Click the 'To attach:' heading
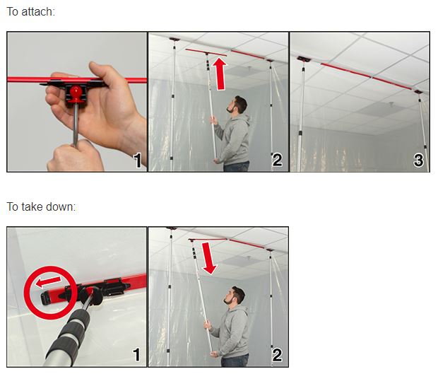tap(30, 12)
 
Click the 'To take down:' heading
tap(41, 207)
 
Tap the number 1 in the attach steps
tap(137, 160)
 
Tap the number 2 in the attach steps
tap(277, 160)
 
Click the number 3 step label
tap(418, 160)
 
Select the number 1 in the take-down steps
tap(136, 355)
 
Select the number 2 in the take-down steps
tap(277, 355)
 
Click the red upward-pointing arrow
tap(220, 74)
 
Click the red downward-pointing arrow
tap(209, 258)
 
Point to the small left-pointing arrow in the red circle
tap(48, 282)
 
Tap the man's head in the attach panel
tap(237, 105)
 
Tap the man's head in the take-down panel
tap(235, 296)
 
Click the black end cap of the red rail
tap(45, 298)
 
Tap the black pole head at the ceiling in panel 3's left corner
tap(304, 59)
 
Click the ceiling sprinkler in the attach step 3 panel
tap(391, 104)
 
